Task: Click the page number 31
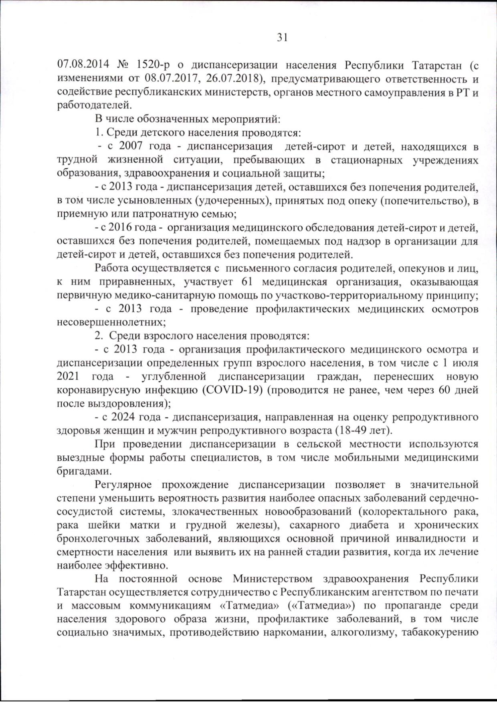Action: point(282,37)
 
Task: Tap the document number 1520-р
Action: point(154,65)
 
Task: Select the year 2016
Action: point(121,228)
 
